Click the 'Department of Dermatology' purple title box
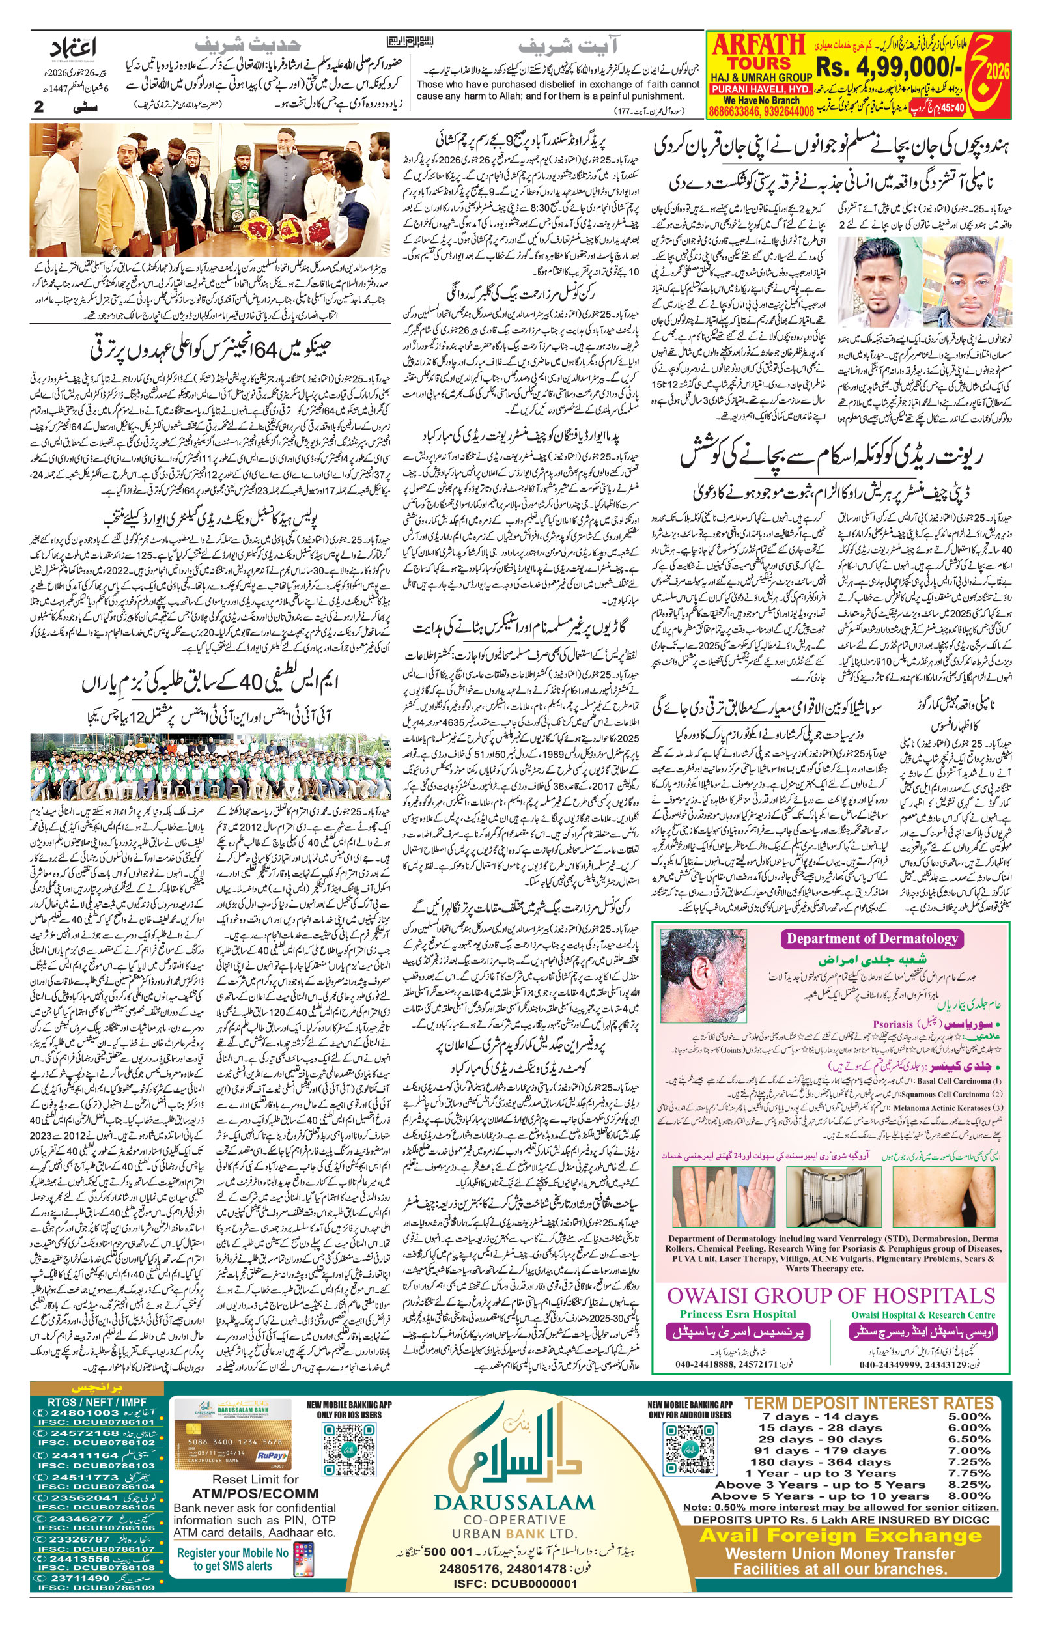tap(872, 938)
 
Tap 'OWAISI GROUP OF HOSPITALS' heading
tap(831, 1295)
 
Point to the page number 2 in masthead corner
tap(38, 107)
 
